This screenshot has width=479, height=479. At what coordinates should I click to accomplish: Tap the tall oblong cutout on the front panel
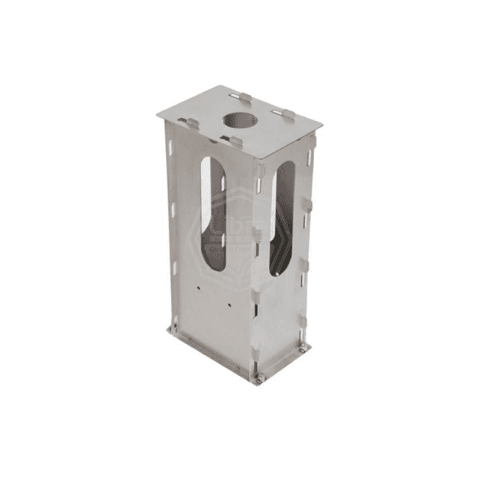point(213,214)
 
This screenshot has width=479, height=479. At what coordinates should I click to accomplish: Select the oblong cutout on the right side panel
point(282,218)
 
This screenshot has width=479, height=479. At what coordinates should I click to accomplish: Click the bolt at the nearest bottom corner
point(259,380)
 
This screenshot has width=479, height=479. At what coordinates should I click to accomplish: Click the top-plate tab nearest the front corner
point(234,140)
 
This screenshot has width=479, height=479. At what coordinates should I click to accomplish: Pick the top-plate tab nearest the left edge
point(191,123)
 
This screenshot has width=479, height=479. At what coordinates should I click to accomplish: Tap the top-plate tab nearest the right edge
point(286,114)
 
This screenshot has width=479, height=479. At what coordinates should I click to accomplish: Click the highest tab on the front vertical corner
point(259,170)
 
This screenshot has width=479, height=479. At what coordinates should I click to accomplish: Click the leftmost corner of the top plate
point(157,114)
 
